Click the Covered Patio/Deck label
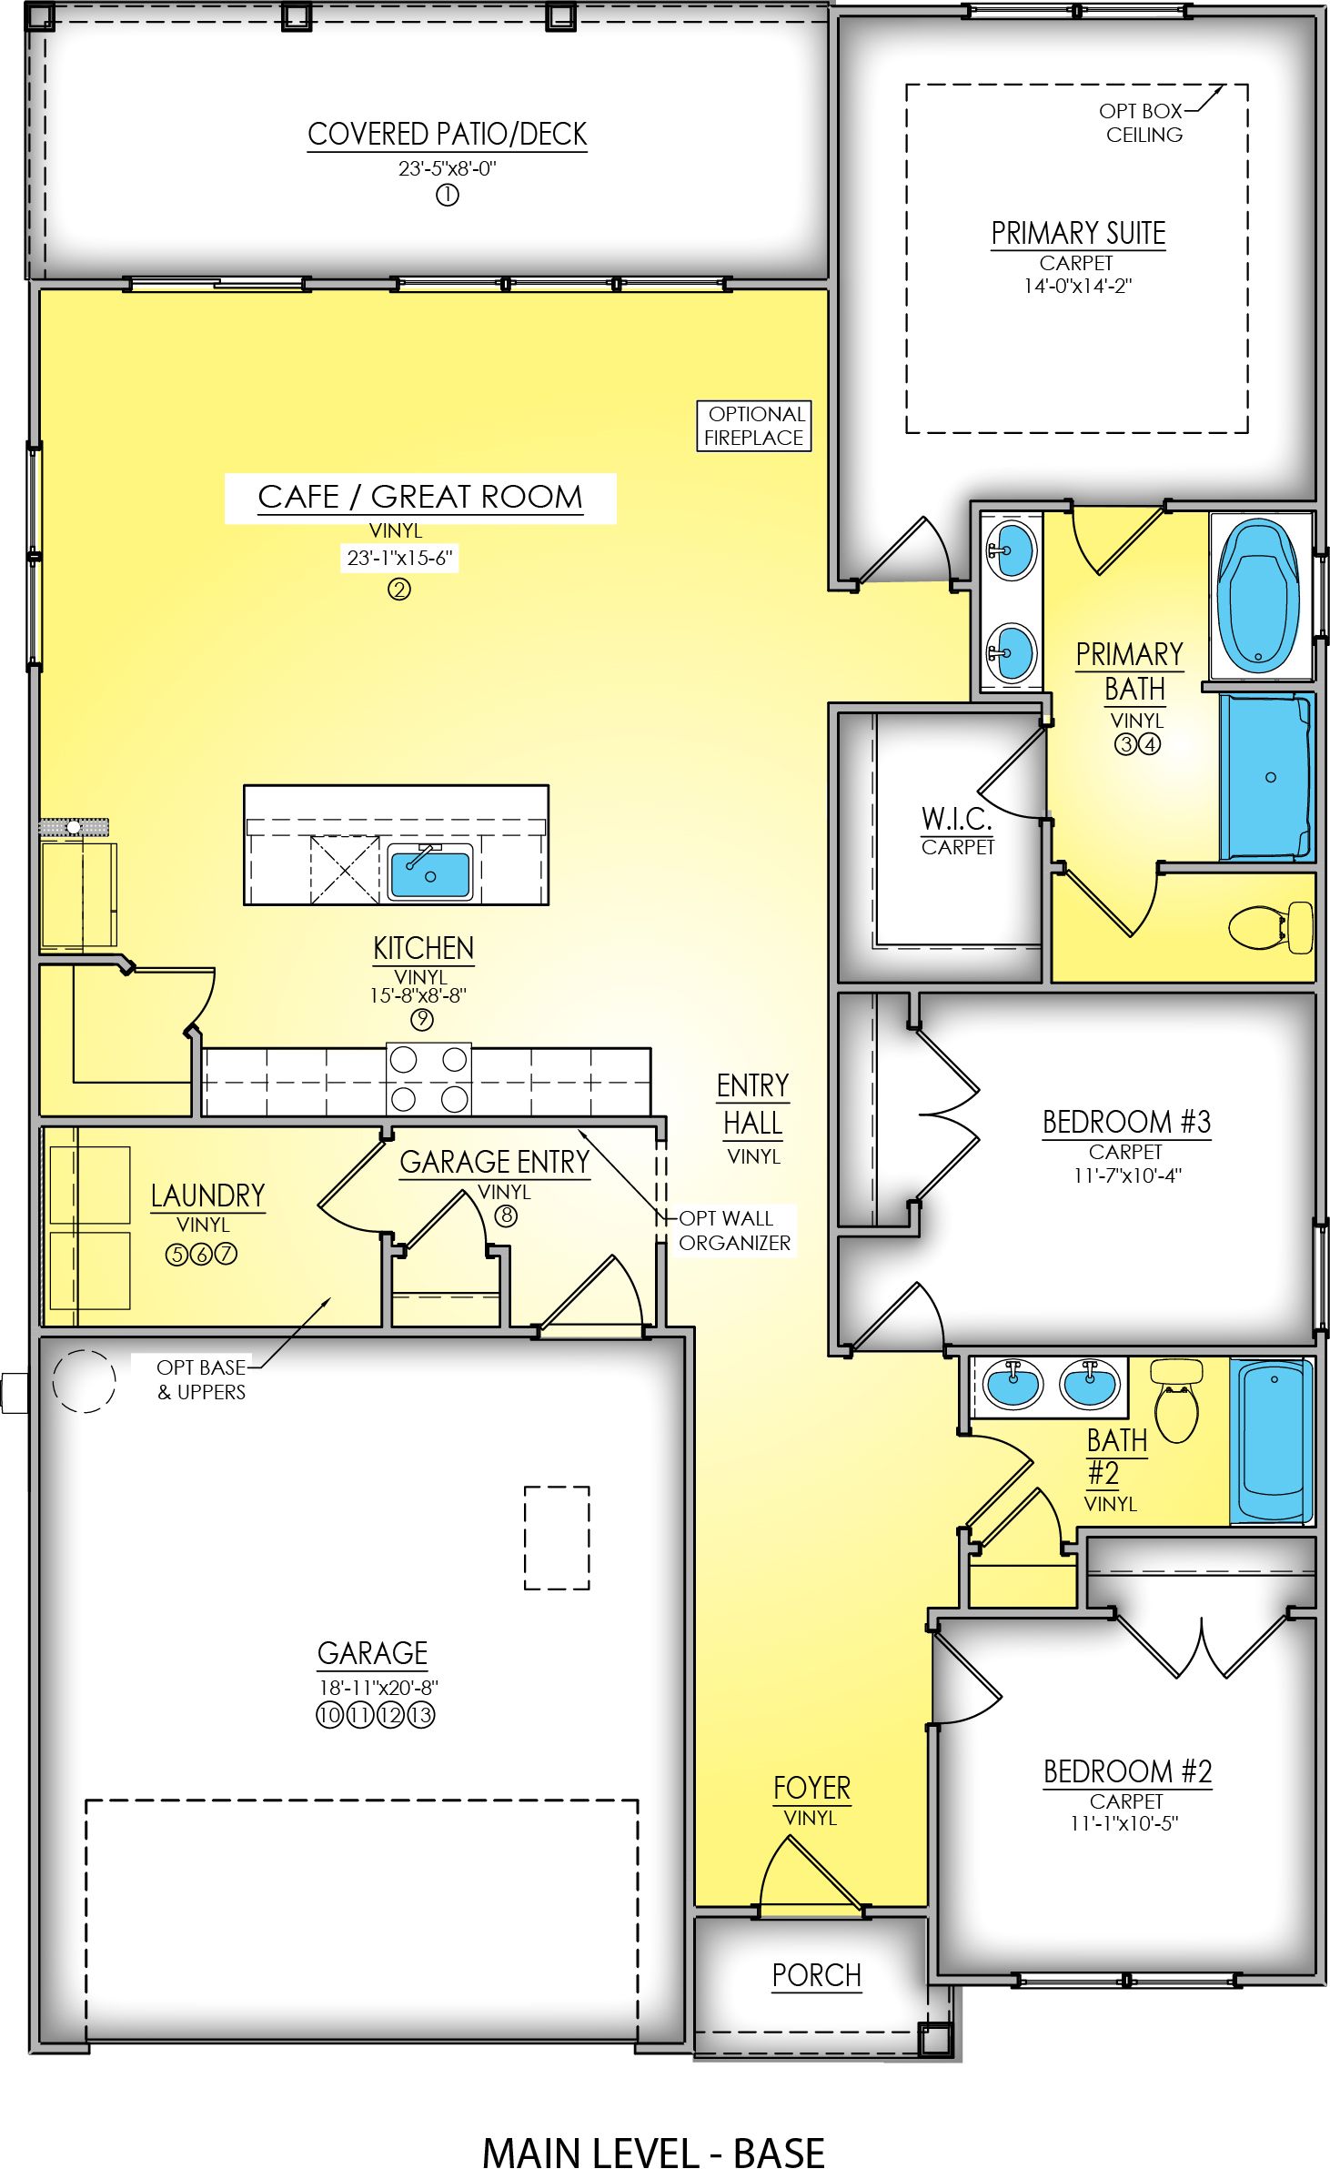coord(447,135)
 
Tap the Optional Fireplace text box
coord(754,426)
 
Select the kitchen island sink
coord(430,871)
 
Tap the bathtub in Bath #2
coord(1272,1440)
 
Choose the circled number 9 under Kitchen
coord(421,1020)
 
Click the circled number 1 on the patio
coord(447,195)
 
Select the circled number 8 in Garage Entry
coord(506,1216)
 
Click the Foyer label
coord(811,1789)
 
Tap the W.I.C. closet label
coord(956,819)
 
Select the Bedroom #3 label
coord(1126,1122)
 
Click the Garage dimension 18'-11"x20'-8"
coord(378,1688)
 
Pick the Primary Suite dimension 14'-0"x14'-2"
coord(1077,286)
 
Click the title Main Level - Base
coord(653,2154)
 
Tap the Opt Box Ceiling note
coord(1142,123)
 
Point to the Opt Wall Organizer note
coord(735,1230)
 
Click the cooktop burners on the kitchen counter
coord(428,1079)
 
